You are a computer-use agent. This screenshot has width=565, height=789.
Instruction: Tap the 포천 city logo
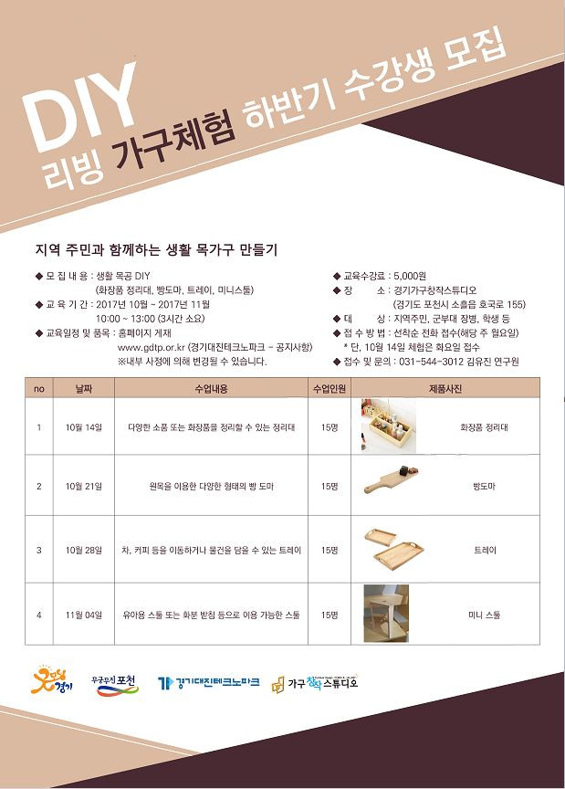click(115, 683)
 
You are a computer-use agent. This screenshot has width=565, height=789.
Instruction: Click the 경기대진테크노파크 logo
click(208, 683)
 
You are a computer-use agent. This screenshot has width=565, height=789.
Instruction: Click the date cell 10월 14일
click(84, 426)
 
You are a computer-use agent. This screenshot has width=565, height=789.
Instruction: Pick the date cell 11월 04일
click(84, 615)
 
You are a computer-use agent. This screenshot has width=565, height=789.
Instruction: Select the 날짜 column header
click(84, 388)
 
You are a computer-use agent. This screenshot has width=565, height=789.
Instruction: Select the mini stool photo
click(387, 614)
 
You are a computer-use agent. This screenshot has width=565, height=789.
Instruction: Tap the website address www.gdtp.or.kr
click(151, 348)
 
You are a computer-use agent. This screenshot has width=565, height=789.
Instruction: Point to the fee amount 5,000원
click(410, 275)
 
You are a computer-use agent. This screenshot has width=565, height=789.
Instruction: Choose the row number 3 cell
click(39, 551)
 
